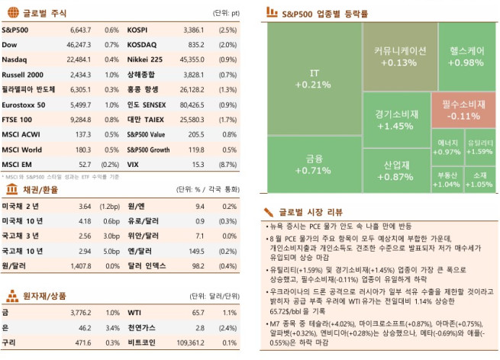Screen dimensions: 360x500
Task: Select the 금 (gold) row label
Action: pyautogui.click(x=6, y=312)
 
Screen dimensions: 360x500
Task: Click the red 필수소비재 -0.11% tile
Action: pyautogui.click(x=460, y=110)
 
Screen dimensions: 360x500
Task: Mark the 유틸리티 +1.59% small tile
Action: pyautogui.click(x=479, y=146)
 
